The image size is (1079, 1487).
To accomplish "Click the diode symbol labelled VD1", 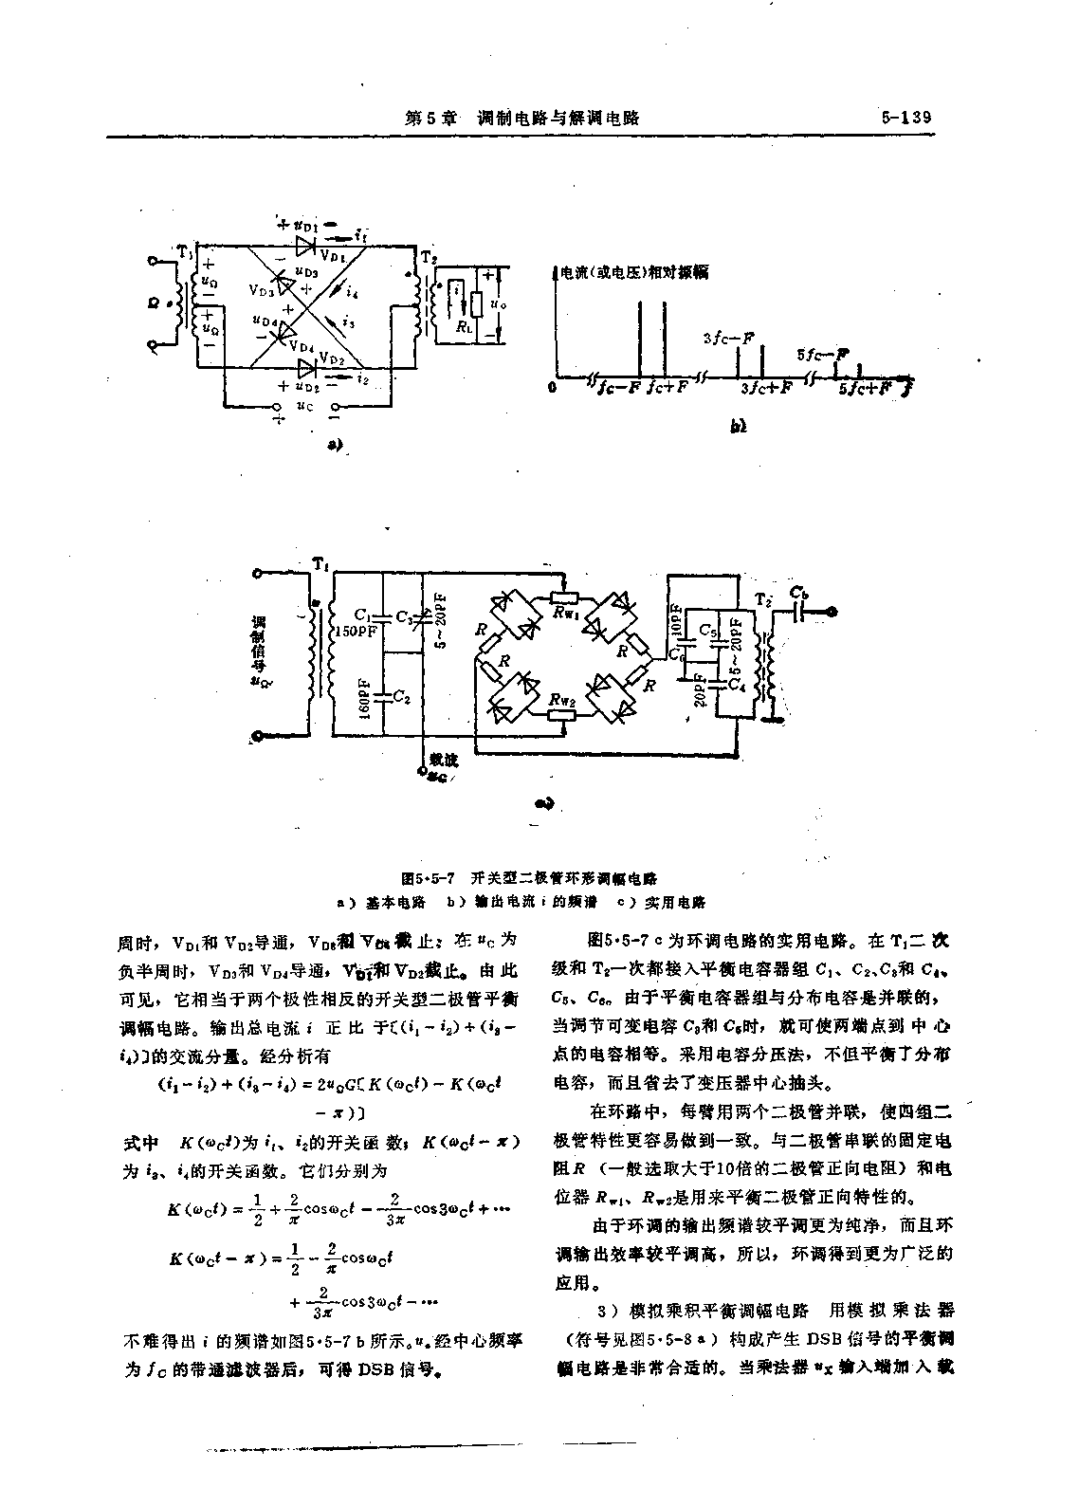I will pos(304,246).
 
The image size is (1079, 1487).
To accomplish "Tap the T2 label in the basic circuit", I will pos(429,256).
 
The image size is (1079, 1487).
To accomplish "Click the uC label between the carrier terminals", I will pos(304,406).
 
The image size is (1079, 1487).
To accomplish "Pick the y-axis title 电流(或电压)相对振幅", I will pos(634,272).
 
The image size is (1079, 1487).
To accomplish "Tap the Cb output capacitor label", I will pos(802,594).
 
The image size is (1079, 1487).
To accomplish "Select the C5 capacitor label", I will pos(707,629).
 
